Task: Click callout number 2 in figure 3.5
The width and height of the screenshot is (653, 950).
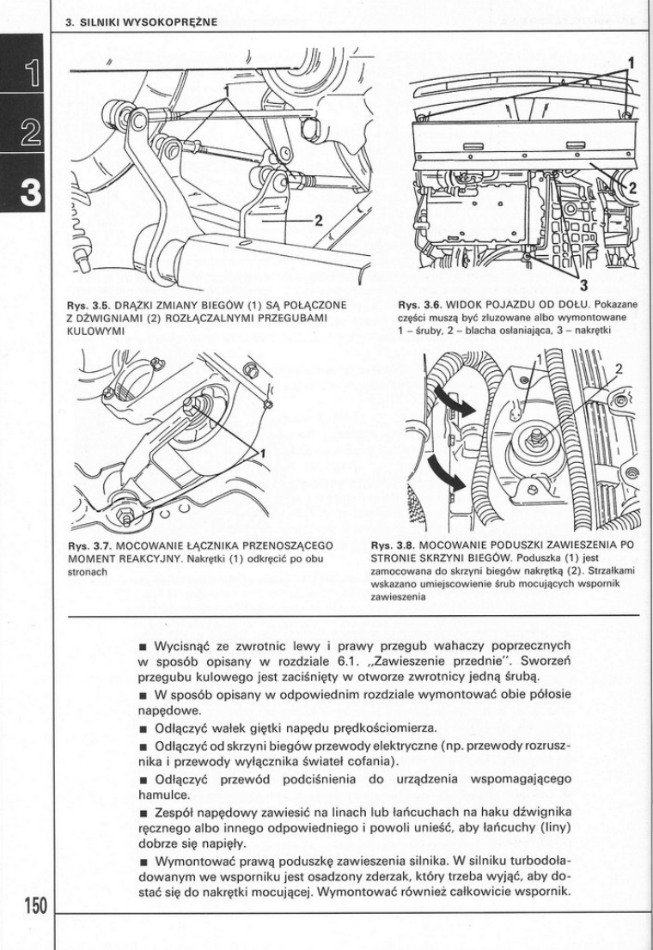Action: (318, 220)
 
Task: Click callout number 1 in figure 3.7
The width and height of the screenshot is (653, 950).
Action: (264, 453)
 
